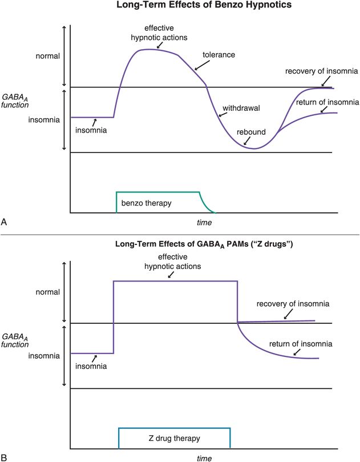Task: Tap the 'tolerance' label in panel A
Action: click(x=219, y=55)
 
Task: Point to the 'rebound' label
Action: click(x=252, y=132)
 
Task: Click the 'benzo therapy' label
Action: click(x=146, y=203)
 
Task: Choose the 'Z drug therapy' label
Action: click(x=174, y=438)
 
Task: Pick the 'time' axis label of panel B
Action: click(x=204, y=457)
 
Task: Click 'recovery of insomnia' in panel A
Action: click(x=322, y=71)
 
